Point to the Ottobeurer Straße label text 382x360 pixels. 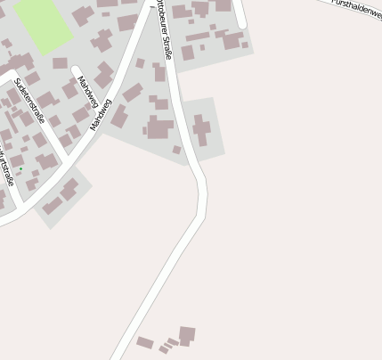(164, 30)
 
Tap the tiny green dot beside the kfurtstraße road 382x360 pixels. (20, 168)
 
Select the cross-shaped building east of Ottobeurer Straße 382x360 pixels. (202, 129)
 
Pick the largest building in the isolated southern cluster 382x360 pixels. (187, 335)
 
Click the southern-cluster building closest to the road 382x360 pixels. (144, 342)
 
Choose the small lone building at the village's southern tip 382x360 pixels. (176, 150)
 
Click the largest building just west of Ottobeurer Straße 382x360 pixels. (159, 128)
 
